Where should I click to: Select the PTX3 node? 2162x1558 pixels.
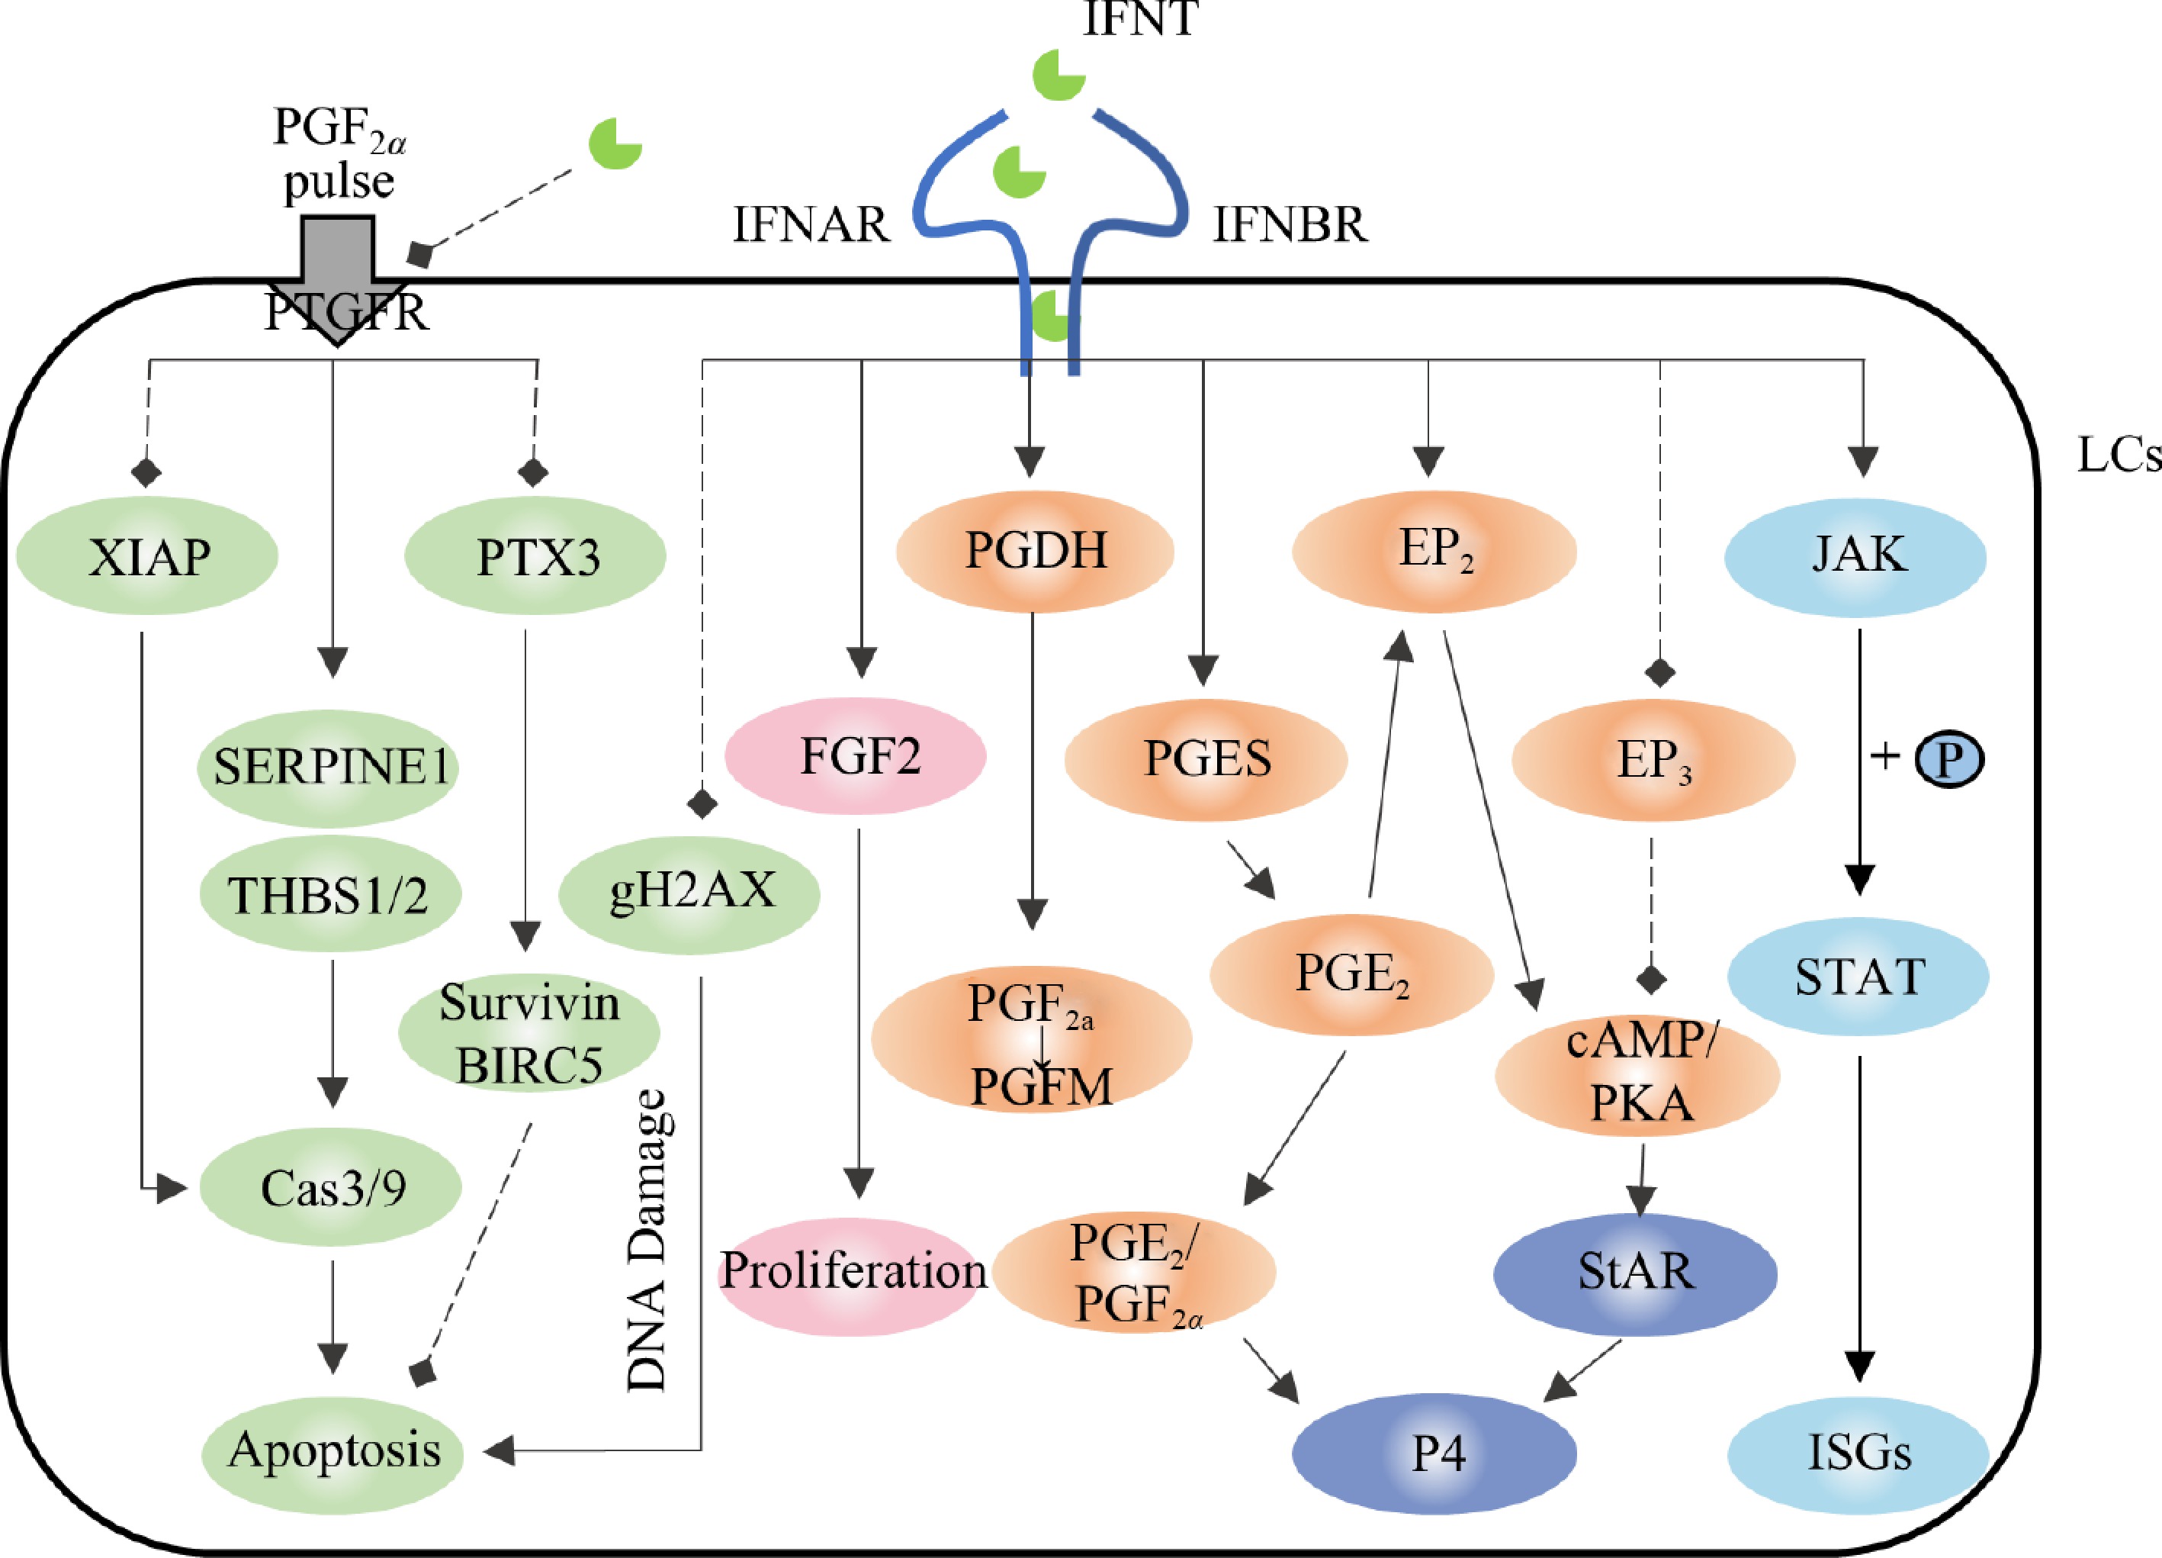(535, 556)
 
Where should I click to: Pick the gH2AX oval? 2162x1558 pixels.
(689, 893)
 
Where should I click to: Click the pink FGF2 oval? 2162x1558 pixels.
(856, 756)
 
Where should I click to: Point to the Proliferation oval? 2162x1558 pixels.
(853, 1271)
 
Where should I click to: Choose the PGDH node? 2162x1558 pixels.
(1036, 551)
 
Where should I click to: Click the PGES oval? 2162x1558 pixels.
(1206, 759)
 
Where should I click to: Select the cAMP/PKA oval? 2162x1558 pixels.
(1638, 1074)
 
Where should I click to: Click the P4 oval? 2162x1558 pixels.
(1434, 1453)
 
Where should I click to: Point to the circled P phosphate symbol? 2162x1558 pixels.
(1949, 759)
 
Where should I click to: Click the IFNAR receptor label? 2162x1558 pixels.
(810, 226)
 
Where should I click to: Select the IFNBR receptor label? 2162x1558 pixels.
(1290, 226)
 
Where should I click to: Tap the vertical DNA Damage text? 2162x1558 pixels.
(648, 1240)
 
